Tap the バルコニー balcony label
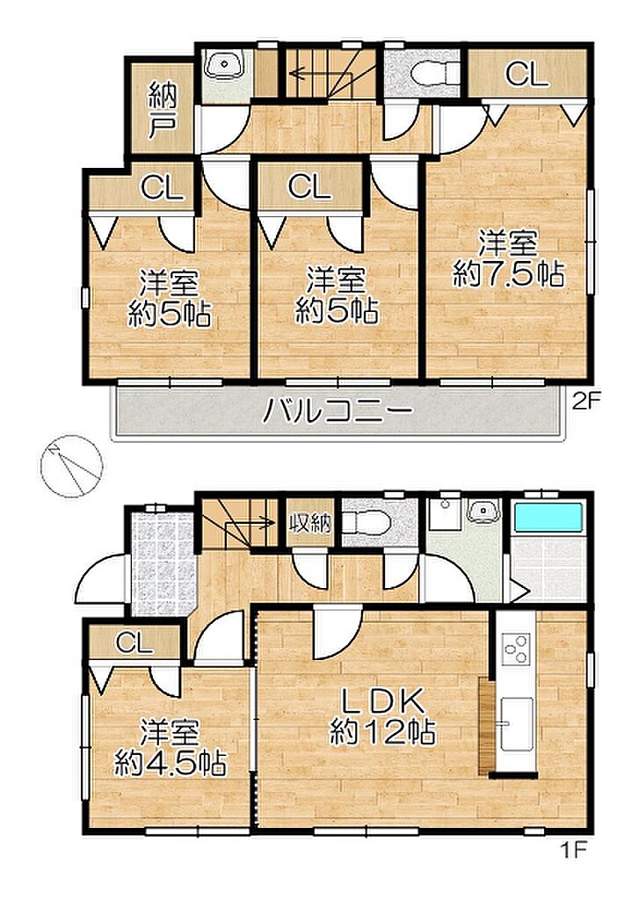click(337, 410)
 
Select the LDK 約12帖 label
click(381, 715)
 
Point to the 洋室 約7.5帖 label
click(508, 259)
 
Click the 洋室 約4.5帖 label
click(170, 747)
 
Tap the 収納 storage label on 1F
click(310, 523)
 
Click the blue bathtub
click(548, 518)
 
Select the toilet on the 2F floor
click(432, 72)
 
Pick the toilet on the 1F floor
click(366, 522)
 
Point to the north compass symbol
click(73, 464)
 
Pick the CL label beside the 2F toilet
click(527, 74)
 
